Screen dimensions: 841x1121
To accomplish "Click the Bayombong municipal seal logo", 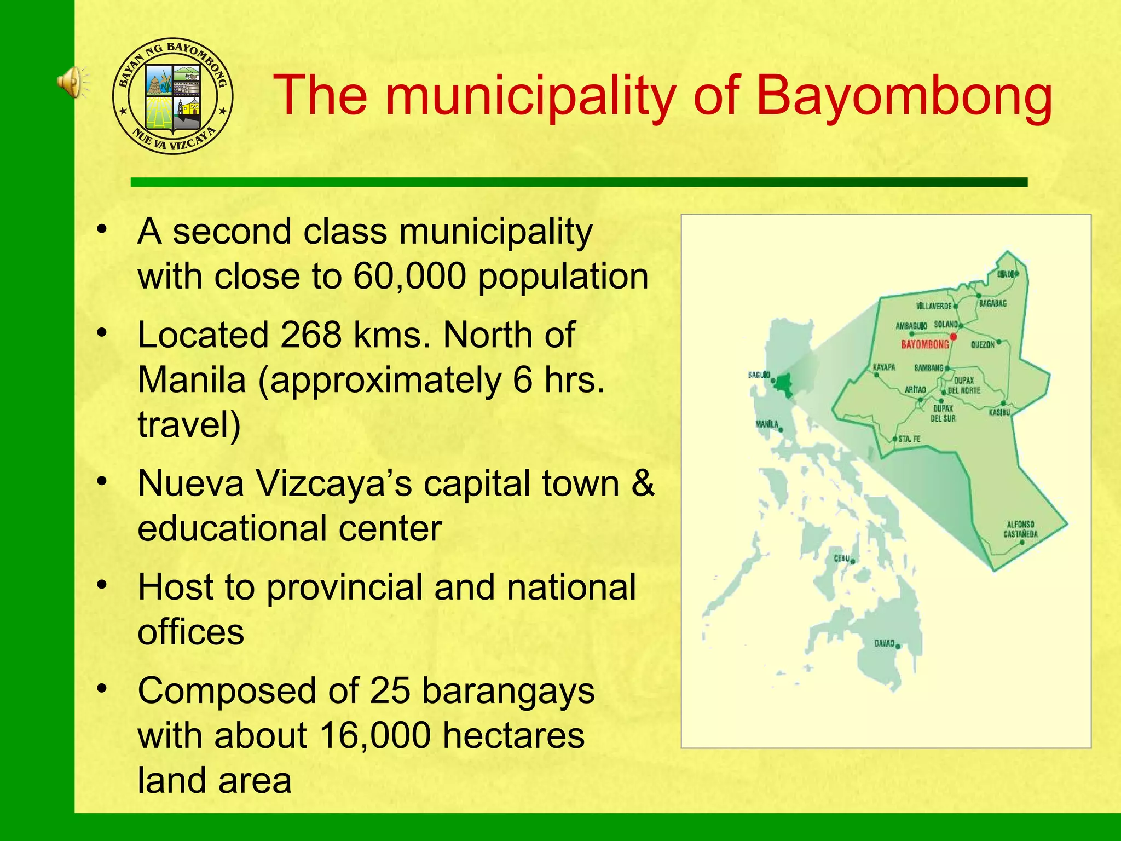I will tap(173, 96).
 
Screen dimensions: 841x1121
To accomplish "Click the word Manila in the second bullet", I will tap(192, 379).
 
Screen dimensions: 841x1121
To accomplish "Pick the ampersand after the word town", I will tap(643, 483).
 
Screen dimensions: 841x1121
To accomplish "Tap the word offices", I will tap(190, 632).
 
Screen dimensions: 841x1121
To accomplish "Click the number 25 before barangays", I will tap(390, 690).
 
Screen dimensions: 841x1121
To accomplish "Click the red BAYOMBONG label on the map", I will tap(925, 344).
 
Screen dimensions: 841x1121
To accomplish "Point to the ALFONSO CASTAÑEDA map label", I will tap(1020, 529).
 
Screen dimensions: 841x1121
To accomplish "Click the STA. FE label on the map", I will tap(909, 439).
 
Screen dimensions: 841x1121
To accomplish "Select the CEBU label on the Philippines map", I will tap(841, 558).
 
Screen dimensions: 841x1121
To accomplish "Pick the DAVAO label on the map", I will tap(884, 643).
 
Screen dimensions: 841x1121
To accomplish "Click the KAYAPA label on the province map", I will tap(883, 367).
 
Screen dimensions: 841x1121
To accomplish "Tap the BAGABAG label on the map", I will tap(993, 303).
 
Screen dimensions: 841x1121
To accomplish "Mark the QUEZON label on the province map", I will tap(983, 344).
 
